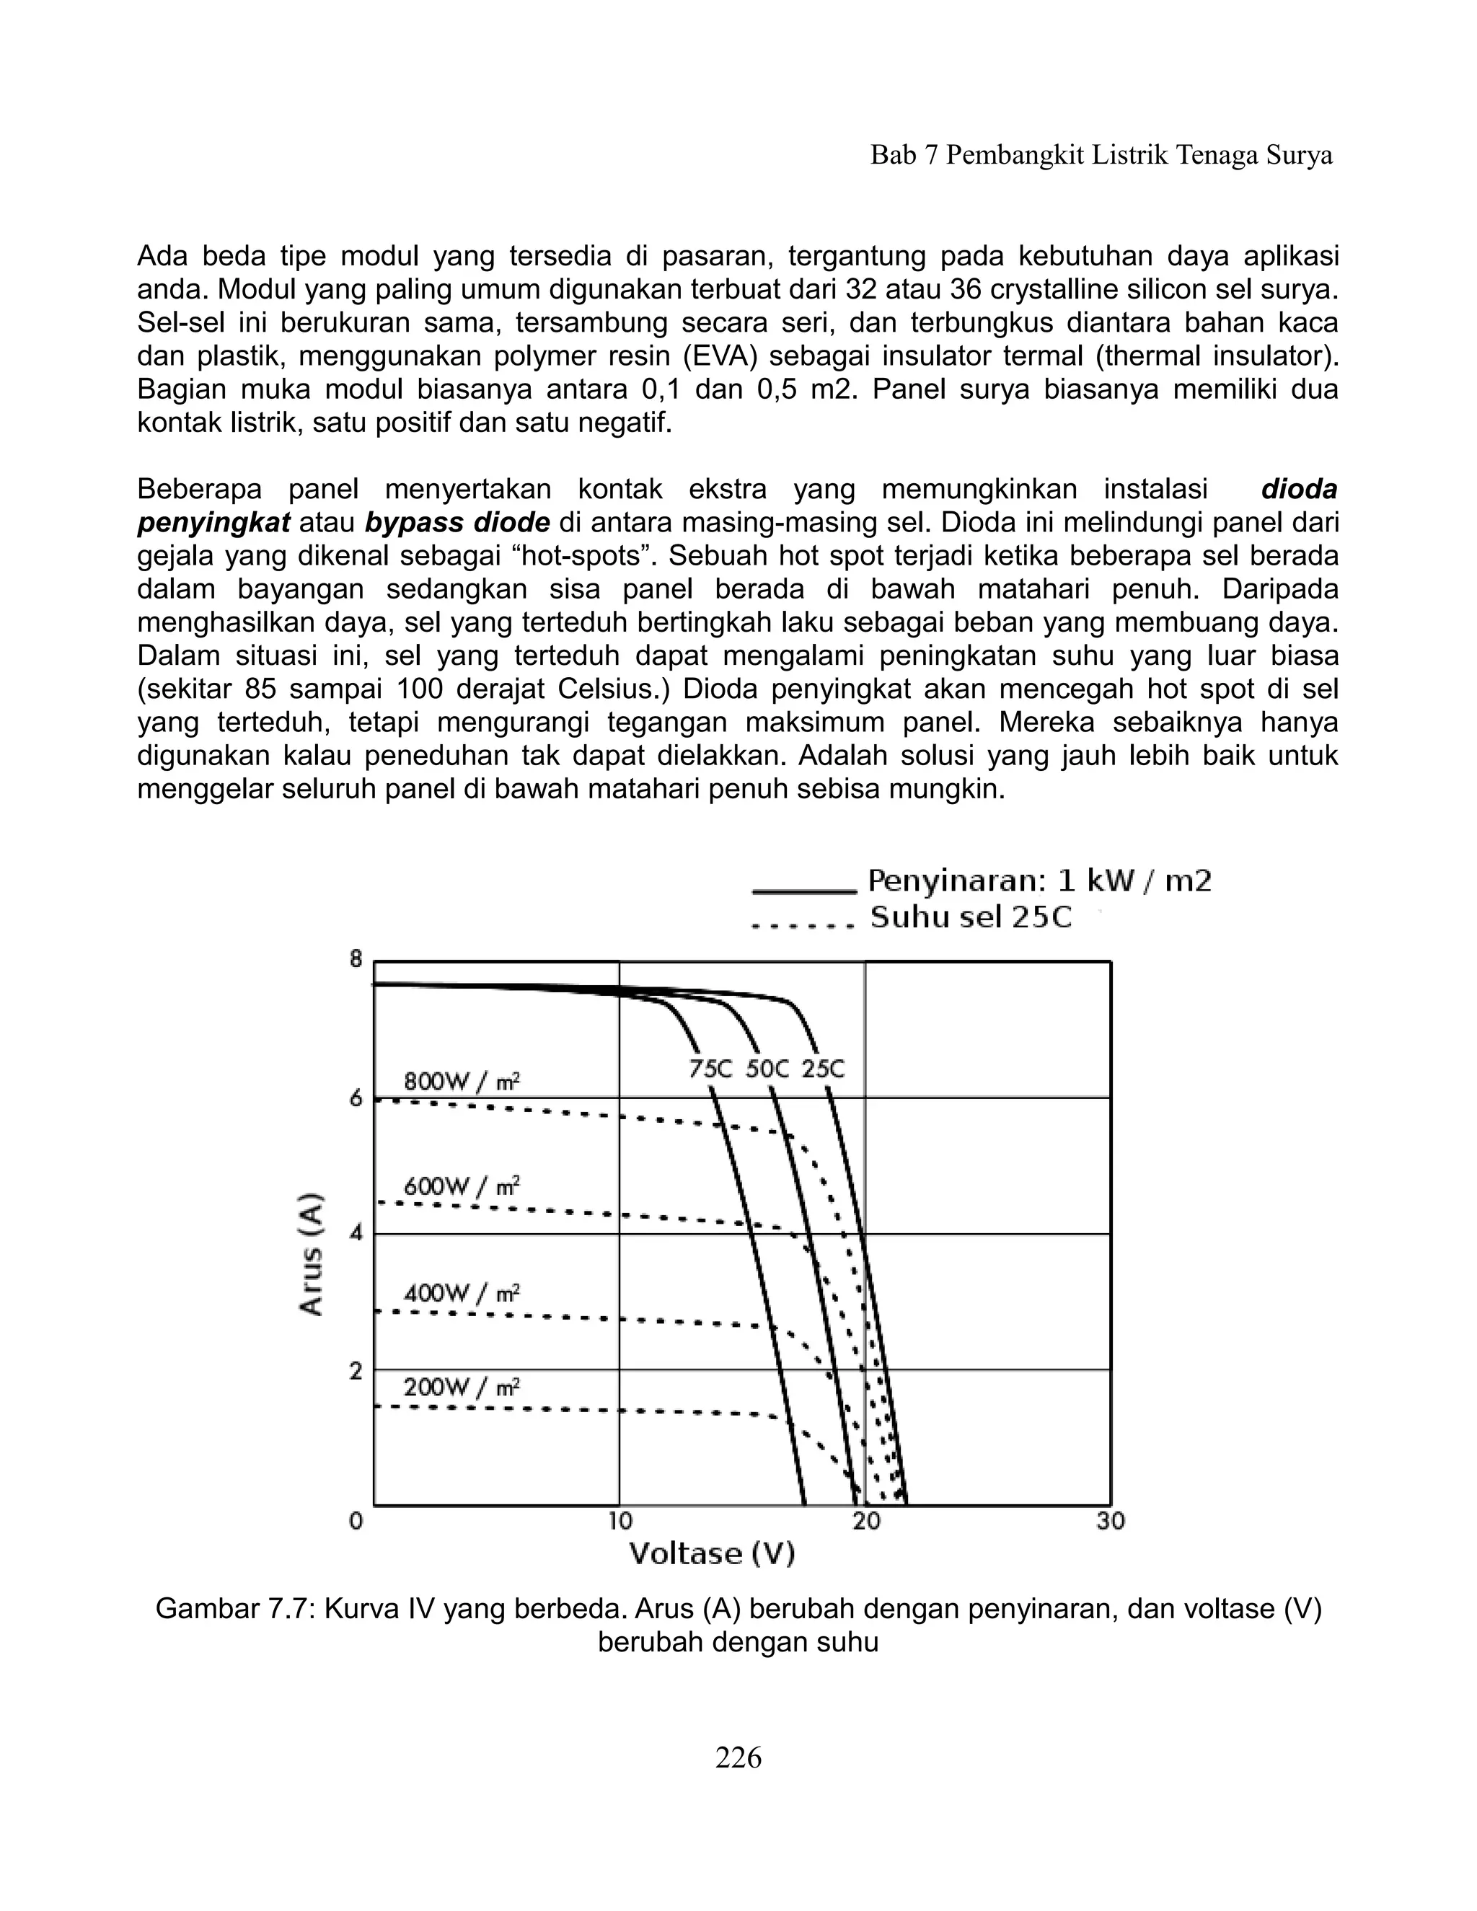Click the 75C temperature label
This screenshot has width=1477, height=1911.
coord(710,1069)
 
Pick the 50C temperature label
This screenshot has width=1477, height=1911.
coord(767,1069)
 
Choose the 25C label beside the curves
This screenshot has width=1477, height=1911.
coord(824,1069)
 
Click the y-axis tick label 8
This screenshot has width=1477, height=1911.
coord(356,960)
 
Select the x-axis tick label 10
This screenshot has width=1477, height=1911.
coord(620,1522)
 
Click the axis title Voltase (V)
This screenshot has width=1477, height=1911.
coord(711,1554)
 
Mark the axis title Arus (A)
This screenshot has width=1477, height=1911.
coord(312,1253)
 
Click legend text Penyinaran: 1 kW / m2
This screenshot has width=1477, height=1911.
coord(1039,881)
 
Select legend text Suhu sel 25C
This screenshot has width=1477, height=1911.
coord(971,918)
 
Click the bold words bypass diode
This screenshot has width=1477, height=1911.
coord(457,524)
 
